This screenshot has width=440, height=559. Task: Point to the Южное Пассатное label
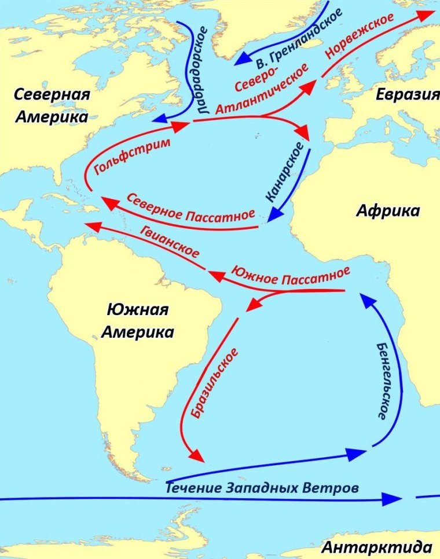point(290,276)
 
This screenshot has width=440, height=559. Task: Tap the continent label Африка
point(387,211)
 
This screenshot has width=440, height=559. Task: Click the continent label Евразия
point(406,95)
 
